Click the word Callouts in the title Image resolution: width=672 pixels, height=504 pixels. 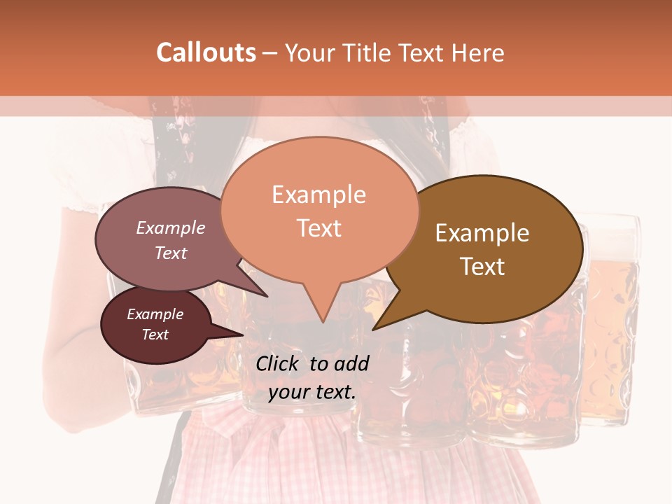[x=206, y=52]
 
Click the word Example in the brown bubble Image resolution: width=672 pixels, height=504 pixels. [x=482, y=233]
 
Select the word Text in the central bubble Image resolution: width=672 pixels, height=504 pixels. [x=319, y=228]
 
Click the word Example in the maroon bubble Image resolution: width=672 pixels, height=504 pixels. [x=155, y=314]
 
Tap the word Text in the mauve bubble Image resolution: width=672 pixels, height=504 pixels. [x=171, y=253]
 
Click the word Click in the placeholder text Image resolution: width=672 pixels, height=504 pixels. [x=278, y=363]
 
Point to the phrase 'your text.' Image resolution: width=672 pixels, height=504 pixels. [x=312, y=392]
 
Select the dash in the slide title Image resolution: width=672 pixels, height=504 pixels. [x=269, y=52]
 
